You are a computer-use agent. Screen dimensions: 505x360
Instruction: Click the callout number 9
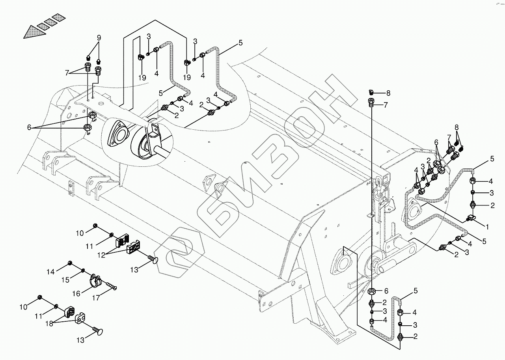coord(99,38)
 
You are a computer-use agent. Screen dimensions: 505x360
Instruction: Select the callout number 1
coord(487,227)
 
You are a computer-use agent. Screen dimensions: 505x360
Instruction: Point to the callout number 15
coord(66,280)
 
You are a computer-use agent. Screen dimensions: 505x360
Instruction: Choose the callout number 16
coord(76,293)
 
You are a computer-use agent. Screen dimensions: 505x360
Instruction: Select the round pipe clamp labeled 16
coord(93,281)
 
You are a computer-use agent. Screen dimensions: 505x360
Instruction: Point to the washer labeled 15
coord(83,270)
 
